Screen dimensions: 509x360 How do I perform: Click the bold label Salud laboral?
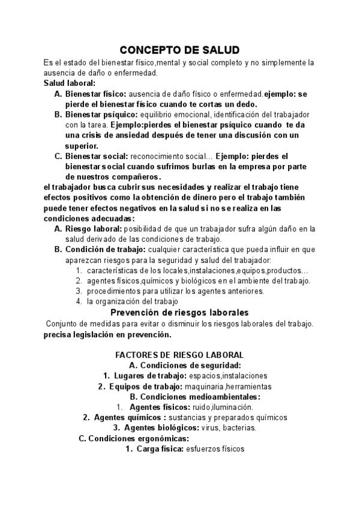point(70,83)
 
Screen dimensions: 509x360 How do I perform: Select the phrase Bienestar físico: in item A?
point(95,94)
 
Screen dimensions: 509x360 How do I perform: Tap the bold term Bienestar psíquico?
point(101,114)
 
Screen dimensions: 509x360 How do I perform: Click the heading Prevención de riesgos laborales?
point(180,313)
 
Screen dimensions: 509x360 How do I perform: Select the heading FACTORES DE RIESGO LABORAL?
point(179,355)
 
